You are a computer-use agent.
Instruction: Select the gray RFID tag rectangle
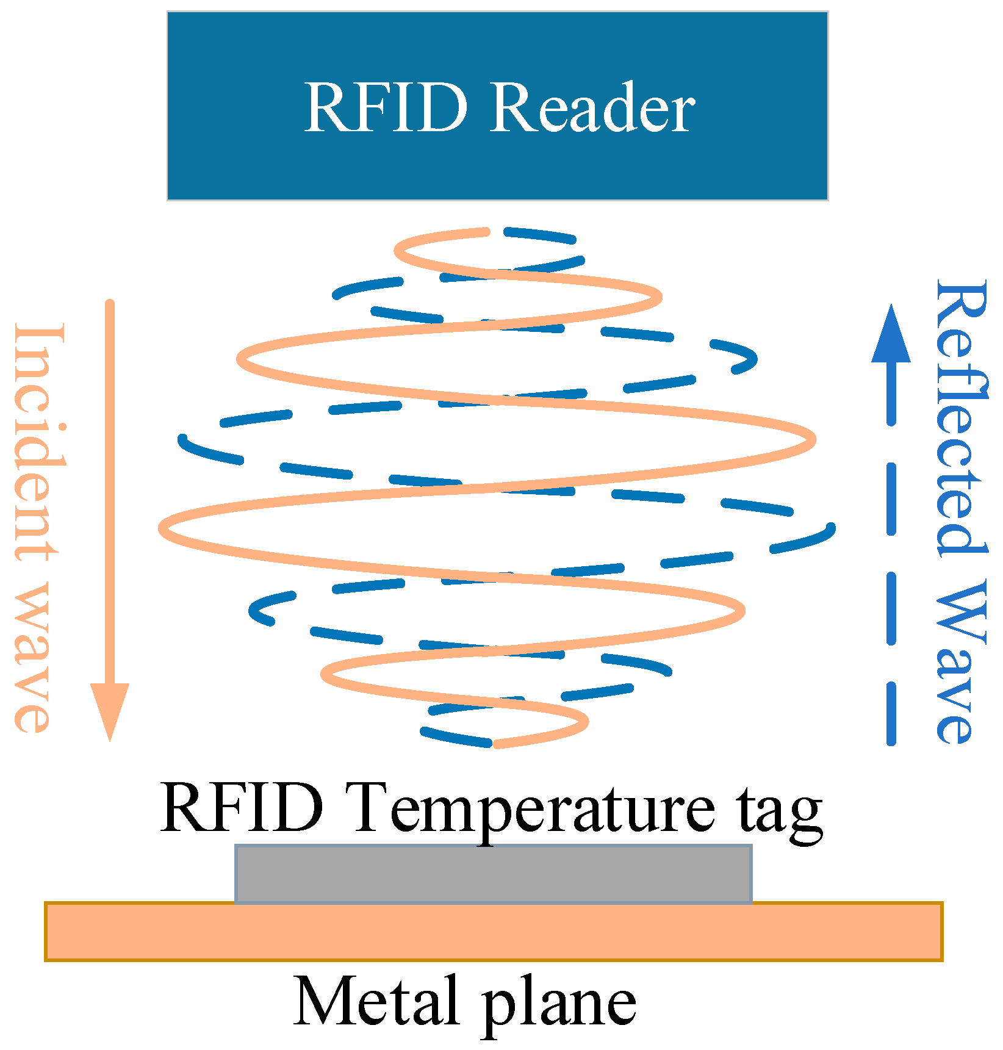pyautogui.click(x=493, y=874)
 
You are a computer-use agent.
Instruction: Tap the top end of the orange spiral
pyautogui.click(x=486, y=231)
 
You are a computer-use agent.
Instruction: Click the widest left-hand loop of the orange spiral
pyautogui.click(x=164, y=528)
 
